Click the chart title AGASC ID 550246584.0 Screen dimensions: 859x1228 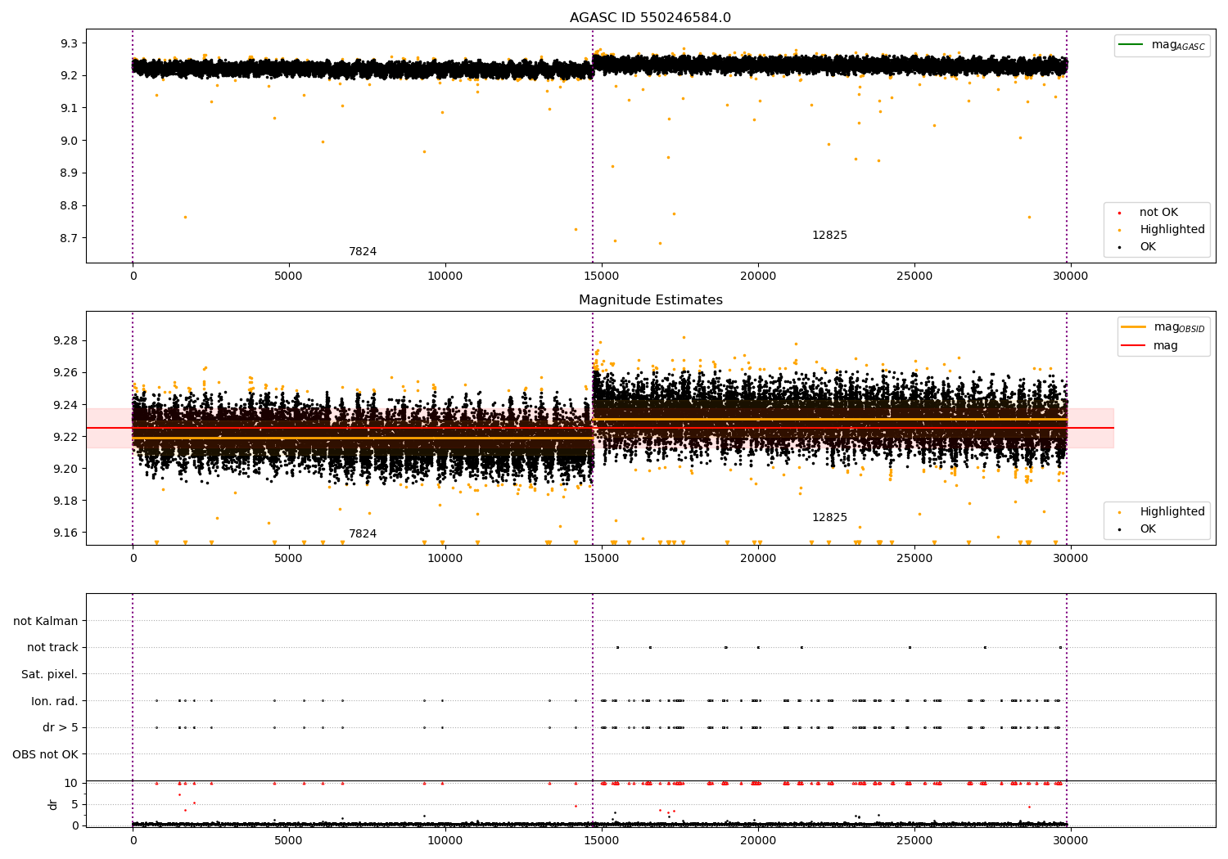click(650, 18)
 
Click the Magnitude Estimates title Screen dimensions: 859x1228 click(650, 300)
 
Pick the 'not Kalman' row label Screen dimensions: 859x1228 click(46, 621)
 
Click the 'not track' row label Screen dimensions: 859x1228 click(52, 648)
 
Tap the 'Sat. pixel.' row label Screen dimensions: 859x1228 click(49, 674)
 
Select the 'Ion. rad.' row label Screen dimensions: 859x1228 click(54, 701)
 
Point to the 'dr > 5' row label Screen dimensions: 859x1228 click(60, 727)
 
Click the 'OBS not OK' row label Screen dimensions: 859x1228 click(45, 754)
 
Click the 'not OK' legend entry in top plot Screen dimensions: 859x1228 click(1158, 213)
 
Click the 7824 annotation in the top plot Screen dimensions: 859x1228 click(363, 251)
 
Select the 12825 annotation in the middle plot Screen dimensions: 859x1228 click(829, 517)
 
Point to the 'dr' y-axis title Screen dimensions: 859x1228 click(53, 804)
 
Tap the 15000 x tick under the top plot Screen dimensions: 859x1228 click(602, 276)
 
